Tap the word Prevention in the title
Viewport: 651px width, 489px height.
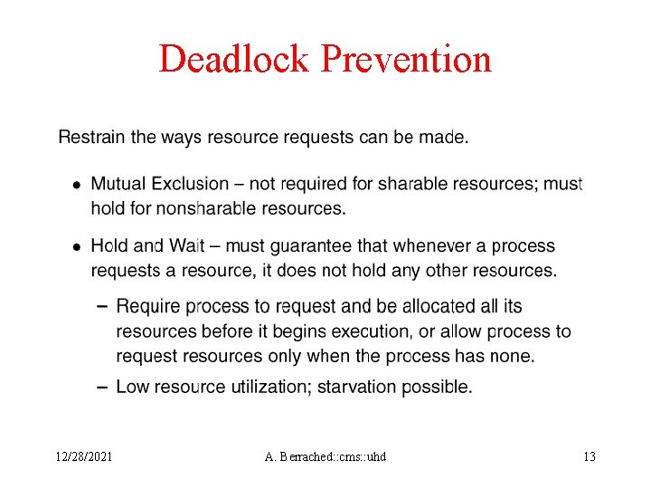406,59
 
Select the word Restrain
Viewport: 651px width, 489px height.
90,139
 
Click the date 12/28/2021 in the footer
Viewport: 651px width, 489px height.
83,456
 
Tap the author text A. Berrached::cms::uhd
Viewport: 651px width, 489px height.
325,456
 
